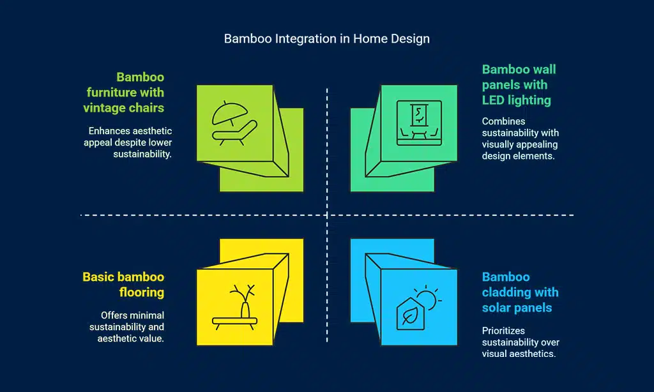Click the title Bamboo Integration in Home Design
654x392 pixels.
tap(326, 39)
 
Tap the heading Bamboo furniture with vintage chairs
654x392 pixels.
tap(123, 92)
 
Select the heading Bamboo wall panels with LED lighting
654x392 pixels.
tap(519, 85)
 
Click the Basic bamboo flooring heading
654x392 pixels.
tap(123, 284)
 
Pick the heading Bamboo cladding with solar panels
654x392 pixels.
tap(520, 292)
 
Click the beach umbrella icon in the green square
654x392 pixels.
tap(229, 113)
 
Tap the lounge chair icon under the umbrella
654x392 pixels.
tap(234, 133)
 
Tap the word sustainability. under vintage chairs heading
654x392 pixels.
tap(142, 154)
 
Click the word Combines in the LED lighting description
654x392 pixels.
tap(503, 121)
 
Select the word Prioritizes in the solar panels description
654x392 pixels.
tap(503, 331)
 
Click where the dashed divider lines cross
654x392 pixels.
tap(327, 215)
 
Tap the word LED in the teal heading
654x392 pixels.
tap(492, 100)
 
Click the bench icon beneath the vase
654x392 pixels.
tap(234, 323)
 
